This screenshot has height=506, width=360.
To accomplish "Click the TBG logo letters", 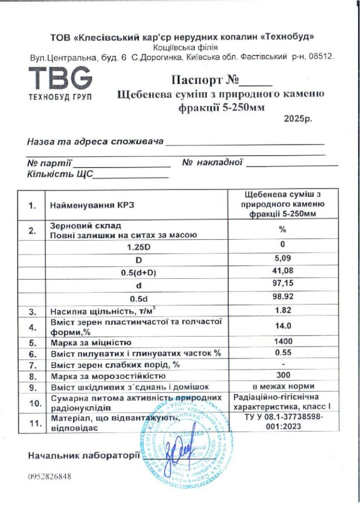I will point(60,78).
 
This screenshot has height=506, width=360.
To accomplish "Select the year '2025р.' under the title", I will point(298,119).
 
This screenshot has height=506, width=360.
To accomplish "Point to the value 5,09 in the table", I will point(282,257).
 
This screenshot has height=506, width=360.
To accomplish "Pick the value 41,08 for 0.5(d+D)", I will point(282,271).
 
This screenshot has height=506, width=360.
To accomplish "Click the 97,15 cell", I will point(282,284).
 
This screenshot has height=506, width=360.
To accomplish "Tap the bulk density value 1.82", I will point(282,311).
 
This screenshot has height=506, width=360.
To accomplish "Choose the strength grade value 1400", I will point(282,341).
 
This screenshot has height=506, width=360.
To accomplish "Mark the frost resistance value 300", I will point(282,375).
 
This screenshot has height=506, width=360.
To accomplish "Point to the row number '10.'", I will point(35,403).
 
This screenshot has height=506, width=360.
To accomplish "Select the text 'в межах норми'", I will point(282,386).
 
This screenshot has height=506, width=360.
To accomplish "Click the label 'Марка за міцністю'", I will point(90,342).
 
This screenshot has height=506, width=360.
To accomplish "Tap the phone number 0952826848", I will point(50,477).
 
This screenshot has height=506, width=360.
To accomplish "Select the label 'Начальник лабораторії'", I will point(84,455).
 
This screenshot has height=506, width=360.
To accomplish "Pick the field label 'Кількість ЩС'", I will point(60,174).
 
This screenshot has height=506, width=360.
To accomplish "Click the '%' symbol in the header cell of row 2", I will point(282,230).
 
